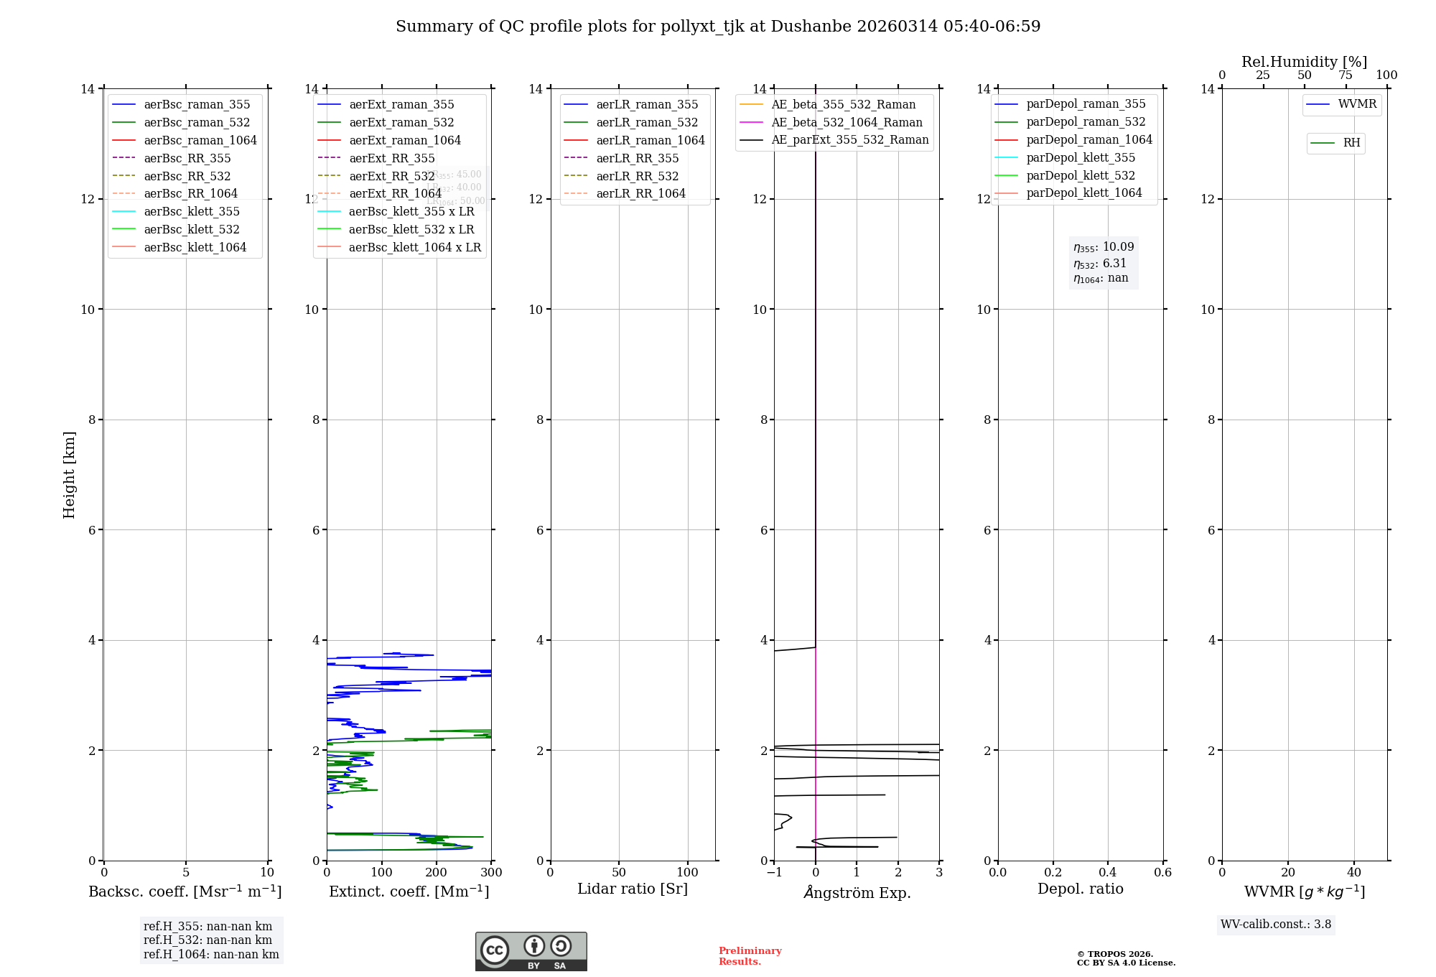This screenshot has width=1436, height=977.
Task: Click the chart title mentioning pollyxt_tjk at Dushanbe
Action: coord(718,27)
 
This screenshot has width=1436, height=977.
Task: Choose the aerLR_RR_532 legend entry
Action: coord(637,176)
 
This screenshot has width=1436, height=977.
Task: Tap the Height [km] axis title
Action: coord(69,474)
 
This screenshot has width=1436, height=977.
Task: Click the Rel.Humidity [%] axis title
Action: coord(1304,62)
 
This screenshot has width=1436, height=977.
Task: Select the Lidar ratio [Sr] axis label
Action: coord(633,889)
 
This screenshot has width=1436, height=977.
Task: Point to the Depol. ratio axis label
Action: coord(1080,889)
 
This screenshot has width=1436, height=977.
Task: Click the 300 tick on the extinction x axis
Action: coord(491,873)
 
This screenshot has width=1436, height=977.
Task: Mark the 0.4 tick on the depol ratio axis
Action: coord(1108,873)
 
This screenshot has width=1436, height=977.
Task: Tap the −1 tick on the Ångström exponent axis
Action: coord(774,873)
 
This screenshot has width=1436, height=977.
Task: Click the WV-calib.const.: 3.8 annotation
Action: coord(1276,925)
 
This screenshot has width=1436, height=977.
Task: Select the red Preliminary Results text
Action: coord(750,956)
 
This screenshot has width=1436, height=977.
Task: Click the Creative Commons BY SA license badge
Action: coord(531,951)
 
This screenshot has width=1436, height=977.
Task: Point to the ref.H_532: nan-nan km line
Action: coord(208,940)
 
